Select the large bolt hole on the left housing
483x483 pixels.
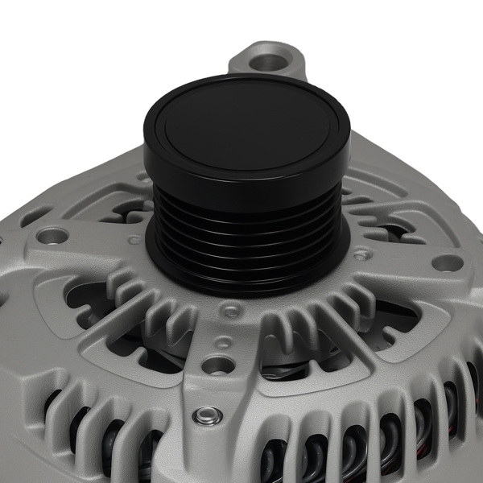click(x=54, y=236)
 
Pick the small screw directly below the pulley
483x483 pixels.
click(x=232, y=310)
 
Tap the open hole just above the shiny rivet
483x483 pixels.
click(x=217, y=365)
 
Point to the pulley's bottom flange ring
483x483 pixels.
click(x=246, y=270)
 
